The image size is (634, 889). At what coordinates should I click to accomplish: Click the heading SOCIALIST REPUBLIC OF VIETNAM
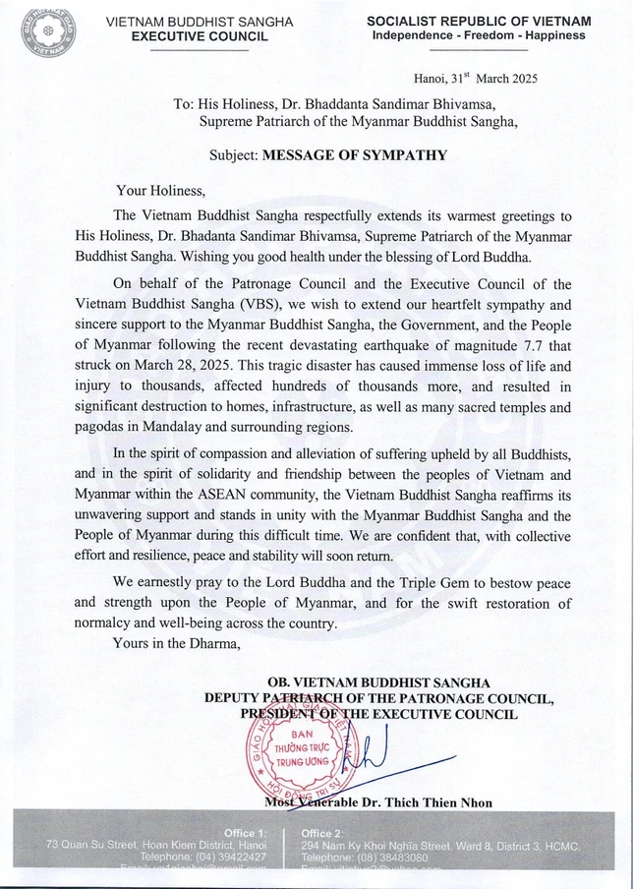pyautogui.click(x=479, y=21)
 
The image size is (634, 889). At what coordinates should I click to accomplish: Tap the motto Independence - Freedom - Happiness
pyautogui.click(x=479, y=35)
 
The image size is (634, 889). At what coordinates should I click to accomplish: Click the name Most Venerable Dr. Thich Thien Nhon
pyautogui.click(x=378, y=802)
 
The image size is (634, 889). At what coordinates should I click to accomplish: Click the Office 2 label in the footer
pyautogui.click(x=322, y=833)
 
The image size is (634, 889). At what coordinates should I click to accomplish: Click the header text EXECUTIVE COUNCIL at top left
pyautogui.click(x=200, y=35)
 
